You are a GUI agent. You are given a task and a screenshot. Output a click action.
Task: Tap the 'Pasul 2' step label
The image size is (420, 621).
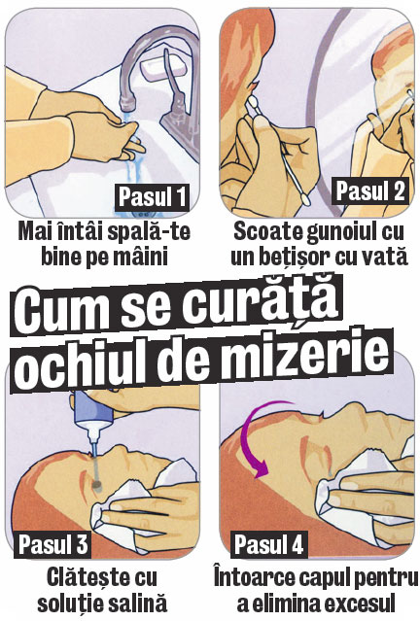tap(370, 190)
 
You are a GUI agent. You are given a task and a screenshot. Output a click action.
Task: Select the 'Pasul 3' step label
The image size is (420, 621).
tap(53, 544)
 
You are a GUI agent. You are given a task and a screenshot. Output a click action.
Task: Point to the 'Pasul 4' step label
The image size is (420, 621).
tap(268, 544)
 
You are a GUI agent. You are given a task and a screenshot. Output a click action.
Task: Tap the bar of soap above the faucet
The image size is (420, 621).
tap(163, 68)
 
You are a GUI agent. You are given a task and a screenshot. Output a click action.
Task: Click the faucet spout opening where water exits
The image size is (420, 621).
tap(127, 106)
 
